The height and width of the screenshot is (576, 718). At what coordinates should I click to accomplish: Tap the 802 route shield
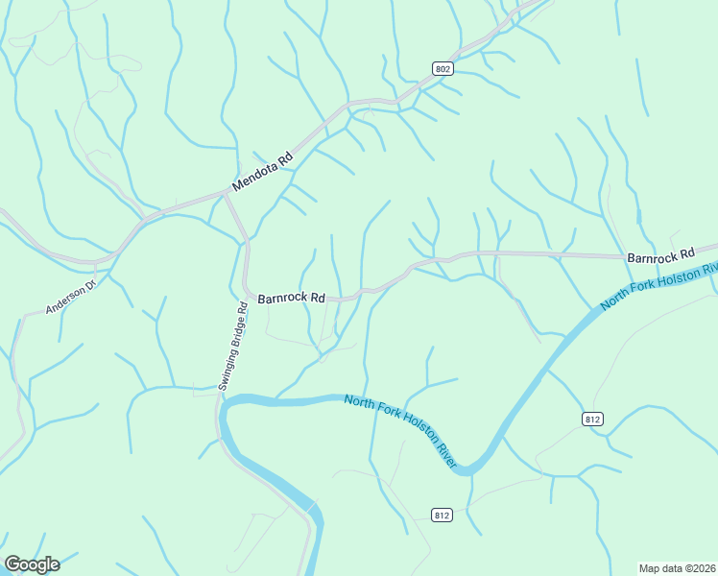(442, 68)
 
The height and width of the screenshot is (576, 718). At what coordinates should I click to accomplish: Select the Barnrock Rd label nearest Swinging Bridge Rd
(292, 298)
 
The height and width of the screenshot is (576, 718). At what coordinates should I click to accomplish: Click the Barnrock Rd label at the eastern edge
(659, 256)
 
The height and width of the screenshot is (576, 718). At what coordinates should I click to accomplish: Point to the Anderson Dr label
(71, 298)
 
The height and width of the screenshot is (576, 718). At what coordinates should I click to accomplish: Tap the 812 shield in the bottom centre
(442, 516)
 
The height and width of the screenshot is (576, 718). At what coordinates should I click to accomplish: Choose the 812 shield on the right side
(592, 419)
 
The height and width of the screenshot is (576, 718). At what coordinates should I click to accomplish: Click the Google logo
(32, 564)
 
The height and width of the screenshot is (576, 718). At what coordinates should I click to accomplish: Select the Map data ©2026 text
(677, 568)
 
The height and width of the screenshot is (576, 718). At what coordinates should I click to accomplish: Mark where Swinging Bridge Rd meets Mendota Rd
(227, 192)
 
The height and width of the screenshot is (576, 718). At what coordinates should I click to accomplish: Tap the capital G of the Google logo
(13, 564)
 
